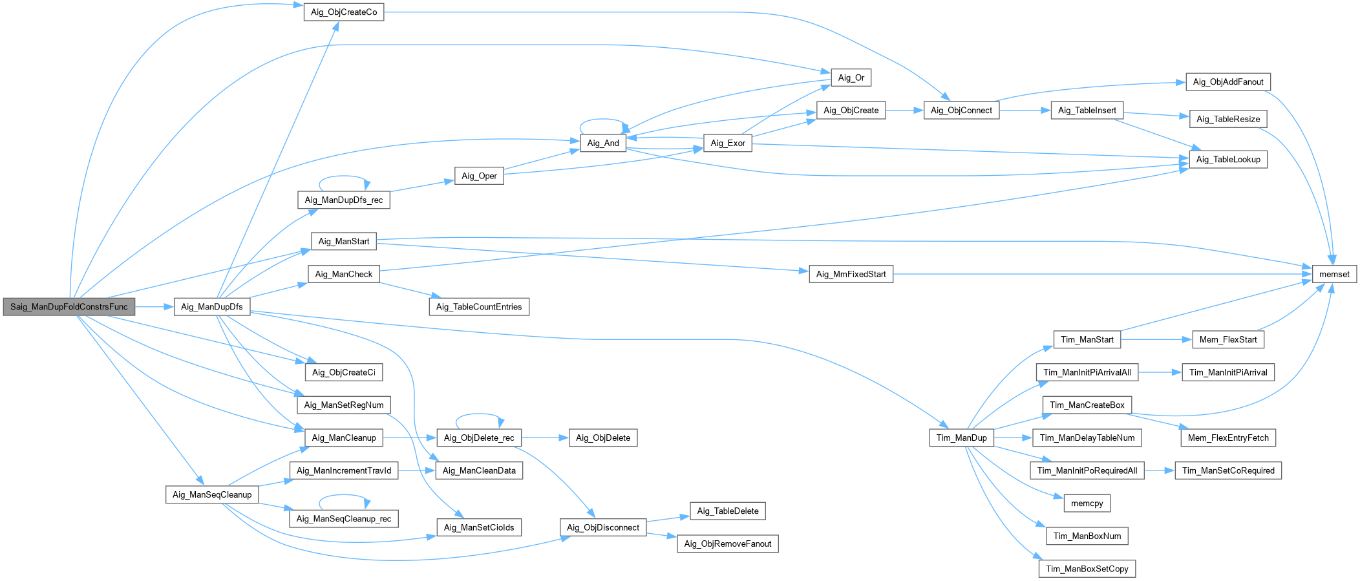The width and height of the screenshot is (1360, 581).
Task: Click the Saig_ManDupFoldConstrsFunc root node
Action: [69, 307]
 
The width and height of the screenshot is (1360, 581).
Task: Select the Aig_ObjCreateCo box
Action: [344, 12]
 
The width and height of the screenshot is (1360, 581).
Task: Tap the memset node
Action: [1334, 274]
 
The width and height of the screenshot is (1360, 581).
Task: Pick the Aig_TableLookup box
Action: [1227, 160]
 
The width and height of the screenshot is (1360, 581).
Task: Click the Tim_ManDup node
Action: [961, 438]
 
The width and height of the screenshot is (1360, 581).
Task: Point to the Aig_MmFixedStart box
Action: [851, 274]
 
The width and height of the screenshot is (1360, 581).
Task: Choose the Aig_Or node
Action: [851, 78]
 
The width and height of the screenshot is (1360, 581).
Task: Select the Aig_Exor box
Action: [727, 143]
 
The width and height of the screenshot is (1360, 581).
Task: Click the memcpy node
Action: [1087, 503]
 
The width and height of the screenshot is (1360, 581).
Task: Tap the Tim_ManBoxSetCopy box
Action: [1087, 569]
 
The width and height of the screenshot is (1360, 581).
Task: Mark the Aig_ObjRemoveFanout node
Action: [727, 544]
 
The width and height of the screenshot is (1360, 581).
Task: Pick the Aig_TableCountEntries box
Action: [479, 307]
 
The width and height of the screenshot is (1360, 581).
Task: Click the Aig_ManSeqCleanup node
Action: [212, 495]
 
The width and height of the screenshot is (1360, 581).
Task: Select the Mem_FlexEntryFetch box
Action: [1227, 438]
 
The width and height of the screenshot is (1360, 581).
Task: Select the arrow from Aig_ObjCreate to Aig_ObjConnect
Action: [904, 111]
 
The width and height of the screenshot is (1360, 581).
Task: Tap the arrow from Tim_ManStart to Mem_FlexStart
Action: [1156, 339]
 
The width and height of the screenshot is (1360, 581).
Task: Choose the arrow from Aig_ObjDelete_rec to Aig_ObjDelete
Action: [544, 438]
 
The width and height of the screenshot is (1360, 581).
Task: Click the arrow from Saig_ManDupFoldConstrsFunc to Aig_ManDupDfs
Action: [154, 307]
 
